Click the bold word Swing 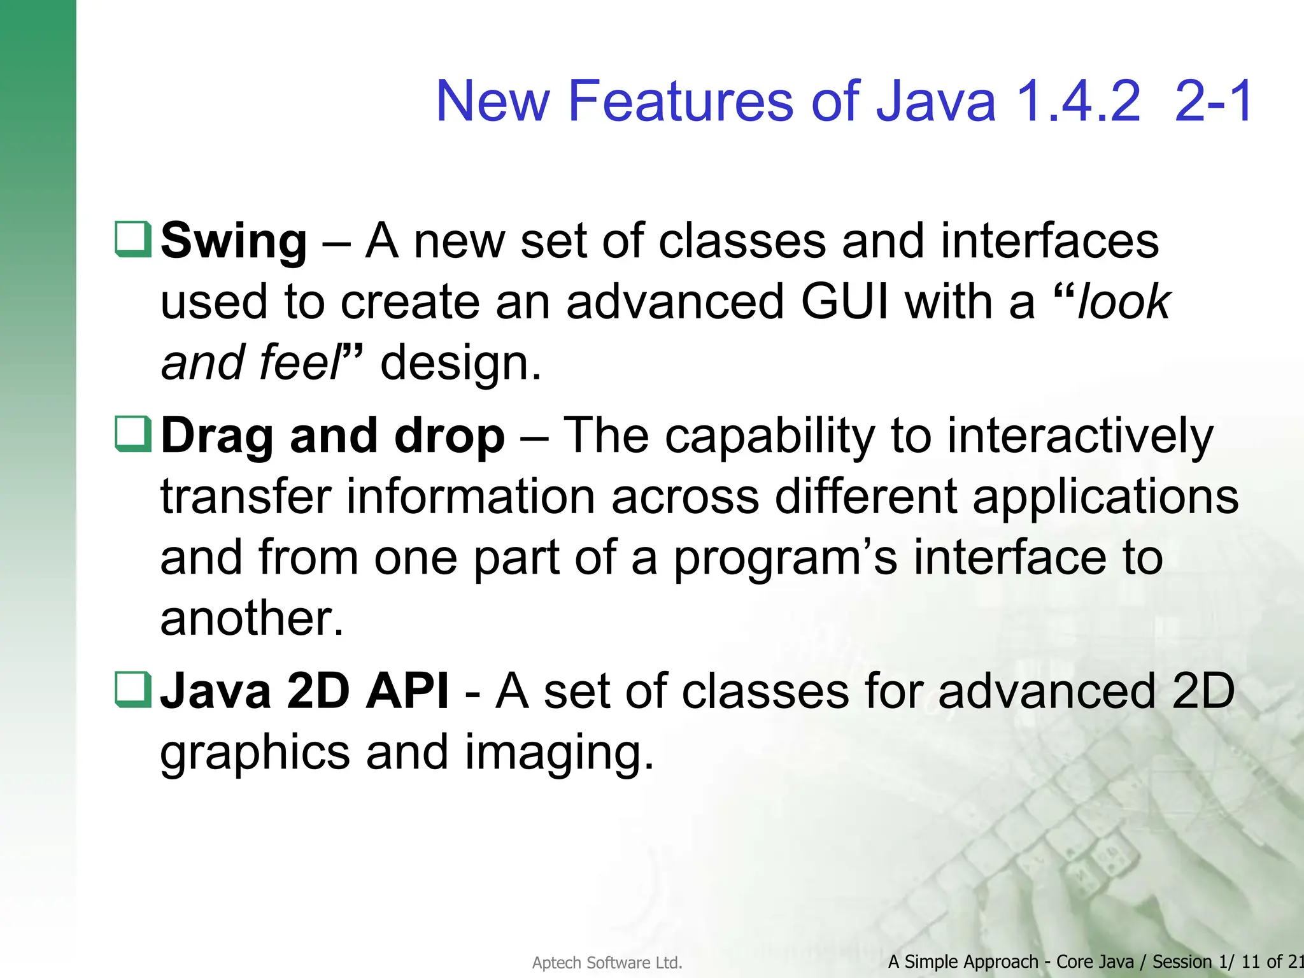(234, 242)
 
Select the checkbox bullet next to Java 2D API (133, 690)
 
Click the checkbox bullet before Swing (133, 239)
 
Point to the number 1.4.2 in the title (1078, 102)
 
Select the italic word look (1124, 302)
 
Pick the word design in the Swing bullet (460, 364)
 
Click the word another (252, 619)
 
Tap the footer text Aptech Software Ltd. (607, 963)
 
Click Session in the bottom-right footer (1182, 961)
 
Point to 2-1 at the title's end (1214, 102)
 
